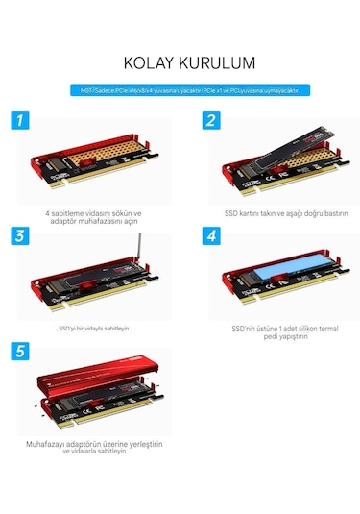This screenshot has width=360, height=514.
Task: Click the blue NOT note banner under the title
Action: (x=180, y=91)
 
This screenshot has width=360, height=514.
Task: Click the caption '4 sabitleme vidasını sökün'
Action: (x=93, y=213)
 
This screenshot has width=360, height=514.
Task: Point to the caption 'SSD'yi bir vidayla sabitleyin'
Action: (x=94, y=327)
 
